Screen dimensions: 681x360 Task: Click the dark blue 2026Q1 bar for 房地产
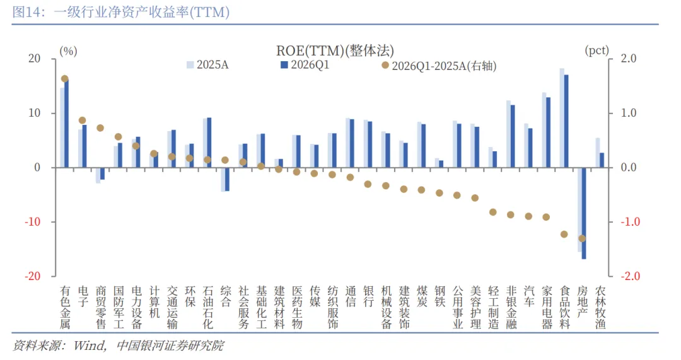(x=584, y=213)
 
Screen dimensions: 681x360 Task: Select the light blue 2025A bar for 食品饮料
(x=562, y=118)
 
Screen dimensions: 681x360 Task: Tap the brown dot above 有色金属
(x=65, y=79)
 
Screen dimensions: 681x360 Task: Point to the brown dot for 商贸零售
(x=100, y=128)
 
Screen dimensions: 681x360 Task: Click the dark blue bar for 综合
(x=227, y=179)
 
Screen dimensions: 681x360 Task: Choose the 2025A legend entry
(x=207, y=65)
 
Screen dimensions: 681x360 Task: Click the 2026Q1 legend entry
(x=305, y=65)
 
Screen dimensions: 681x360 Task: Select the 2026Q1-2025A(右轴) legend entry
(x=439, y=66)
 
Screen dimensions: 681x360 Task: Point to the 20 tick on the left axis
(x=34, y=58)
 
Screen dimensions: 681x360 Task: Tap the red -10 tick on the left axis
(x=32, y=221)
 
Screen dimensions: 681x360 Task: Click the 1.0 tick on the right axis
(x=629, y=113)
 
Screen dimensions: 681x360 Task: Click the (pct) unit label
(x=597, y=50)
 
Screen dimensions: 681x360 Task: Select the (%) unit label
(x=68, y=51)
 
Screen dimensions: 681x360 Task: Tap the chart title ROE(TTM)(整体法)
(x=335, y=50)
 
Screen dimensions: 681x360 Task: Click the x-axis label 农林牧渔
(x=600, y=307)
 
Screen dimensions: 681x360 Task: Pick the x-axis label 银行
(x=369, y=296)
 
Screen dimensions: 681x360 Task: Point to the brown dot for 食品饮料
(x=564, y=234)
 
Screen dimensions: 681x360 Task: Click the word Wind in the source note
(x=89, y=345)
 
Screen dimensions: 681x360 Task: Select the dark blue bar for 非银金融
(x=513, y=136)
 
